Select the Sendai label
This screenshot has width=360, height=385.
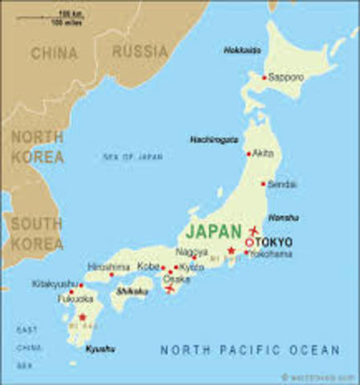pyautogui.click(x=282, y=184)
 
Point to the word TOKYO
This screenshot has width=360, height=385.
pyautogui.click(x=275, y=241)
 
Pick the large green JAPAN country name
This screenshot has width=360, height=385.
pyautogui.click(x=212, y=231)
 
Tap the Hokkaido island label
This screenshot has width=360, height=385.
pyautogui.click(x=241, y=50)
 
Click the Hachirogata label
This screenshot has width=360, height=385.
pyautogui.click(x=214, y=139)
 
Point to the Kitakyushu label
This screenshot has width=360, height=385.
pyautogui.click(x=55, y=284)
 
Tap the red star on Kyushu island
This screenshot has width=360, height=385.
pyautogui.click(x=82, y=318)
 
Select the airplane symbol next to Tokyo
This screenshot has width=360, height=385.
pyautogui.click(x=254, y=230)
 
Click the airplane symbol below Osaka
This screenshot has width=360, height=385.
pyautogui.click(x=170, y=290)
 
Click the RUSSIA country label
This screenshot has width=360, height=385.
pyautogui.click(x=140, y=52)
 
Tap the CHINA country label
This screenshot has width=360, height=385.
pyautogui.click(x=54, y=54)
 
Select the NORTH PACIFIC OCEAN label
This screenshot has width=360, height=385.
pyautogui.click(x=250, y=351)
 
